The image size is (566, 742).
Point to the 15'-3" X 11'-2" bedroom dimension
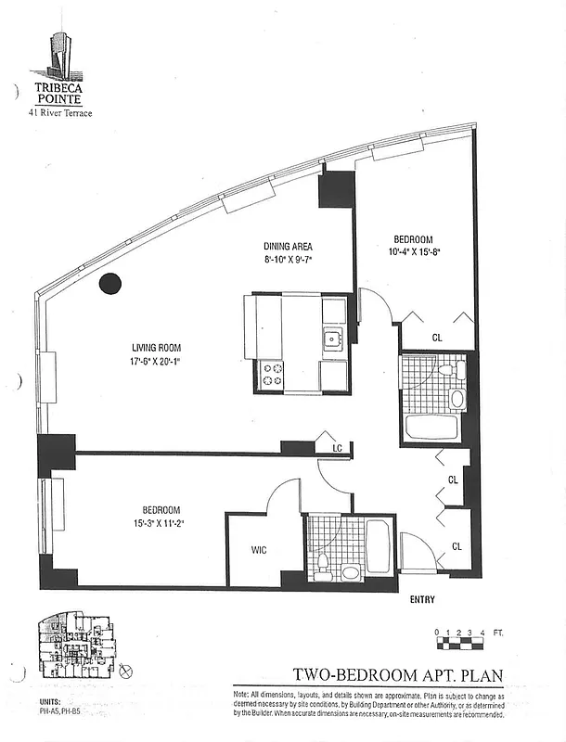tap(161, 523)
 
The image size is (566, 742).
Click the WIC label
tap(260, 550)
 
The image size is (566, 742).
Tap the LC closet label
tap(338, 449)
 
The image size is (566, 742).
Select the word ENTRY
tap(422, 600)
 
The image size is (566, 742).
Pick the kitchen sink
tap(332, 339)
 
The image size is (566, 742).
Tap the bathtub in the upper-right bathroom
tap(431, 428)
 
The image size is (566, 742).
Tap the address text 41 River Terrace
tap(58, 112)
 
